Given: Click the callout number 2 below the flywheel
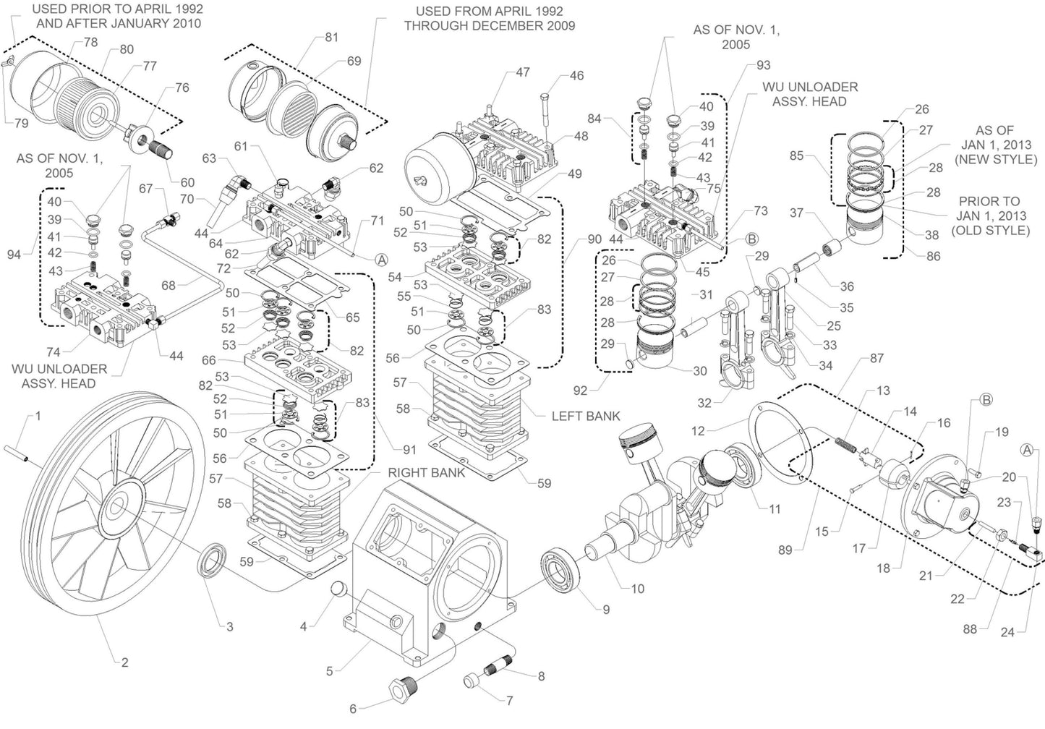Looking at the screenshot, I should click(124, 662).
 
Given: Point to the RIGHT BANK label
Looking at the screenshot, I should click(426, 473).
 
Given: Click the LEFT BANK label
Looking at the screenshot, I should click(586, 417).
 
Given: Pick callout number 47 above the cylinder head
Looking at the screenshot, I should click(523, 72).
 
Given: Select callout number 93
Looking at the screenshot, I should click(763, 66).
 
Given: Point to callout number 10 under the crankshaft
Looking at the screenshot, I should click(637, 589).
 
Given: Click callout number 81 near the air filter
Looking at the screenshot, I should click(331, 38).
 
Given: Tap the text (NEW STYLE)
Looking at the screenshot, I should click(995, 159).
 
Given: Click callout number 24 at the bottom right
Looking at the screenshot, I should click(1007, 633).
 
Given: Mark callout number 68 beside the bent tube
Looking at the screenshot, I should click(169, 286).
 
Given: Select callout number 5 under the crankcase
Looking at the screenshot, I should click(330, 671).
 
